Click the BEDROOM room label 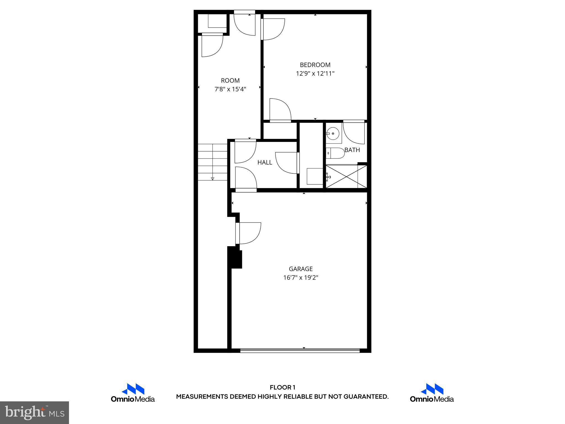pos(315,65)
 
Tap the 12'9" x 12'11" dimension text pos(315,74)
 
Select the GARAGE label pos(301,269)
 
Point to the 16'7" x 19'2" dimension pos(301,278)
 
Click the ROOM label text pos(230,81)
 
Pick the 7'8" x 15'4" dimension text pos(230,89)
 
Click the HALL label pos(265,163)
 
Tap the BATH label pos(352,150)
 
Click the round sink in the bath pos(334,134)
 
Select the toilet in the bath pos(336,153)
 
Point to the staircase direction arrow pos(212,179)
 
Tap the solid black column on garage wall pos(234,257)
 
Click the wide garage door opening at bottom pos(300,351)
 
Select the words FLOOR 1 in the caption pos(282,388)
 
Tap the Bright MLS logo pos(34,412)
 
